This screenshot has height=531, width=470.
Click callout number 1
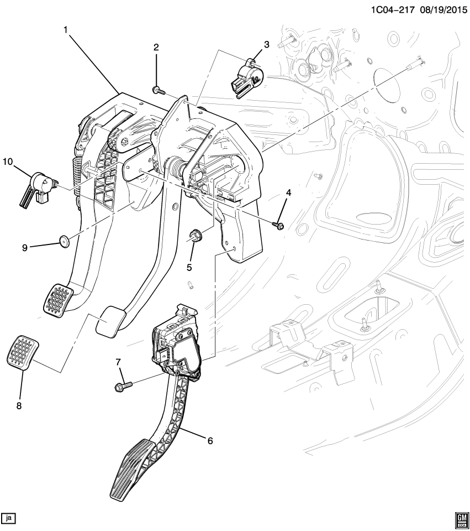[x=66, y=29]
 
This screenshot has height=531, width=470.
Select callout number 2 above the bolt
[x=156, y=48]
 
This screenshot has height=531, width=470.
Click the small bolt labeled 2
[x=157, y=89]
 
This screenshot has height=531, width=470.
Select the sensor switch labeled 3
[x=247, y=77]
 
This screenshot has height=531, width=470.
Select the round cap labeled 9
[x=66, y=241]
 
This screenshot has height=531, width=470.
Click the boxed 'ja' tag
[x=9, y=518]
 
